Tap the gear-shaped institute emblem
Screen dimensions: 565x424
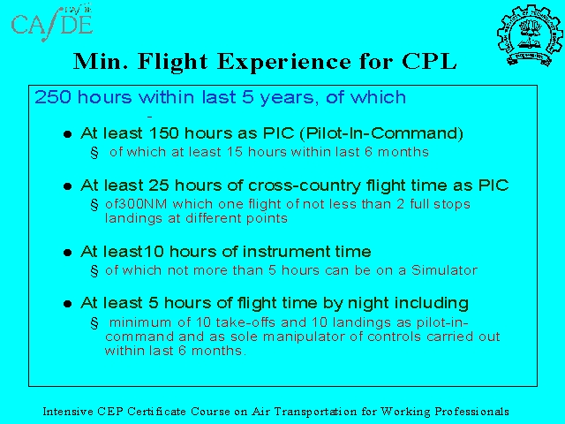click(530, 35)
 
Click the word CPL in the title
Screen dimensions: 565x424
click(429, 61)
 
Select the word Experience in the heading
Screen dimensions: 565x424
click(284, 62)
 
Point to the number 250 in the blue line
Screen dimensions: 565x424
click(53, 97)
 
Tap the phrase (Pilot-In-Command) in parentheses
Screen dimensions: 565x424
click(381, 133)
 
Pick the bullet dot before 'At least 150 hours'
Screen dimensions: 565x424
click(67, 134)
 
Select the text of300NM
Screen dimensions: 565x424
click(136, 204)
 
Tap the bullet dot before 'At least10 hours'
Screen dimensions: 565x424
click(67, 253)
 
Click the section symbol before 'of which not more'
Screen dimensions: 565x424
click(94, 271)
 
